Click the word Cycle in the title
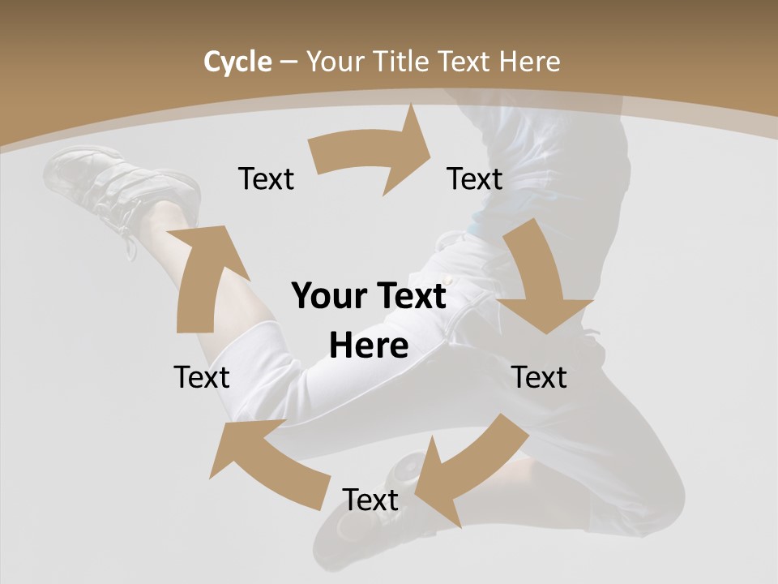tap(237, 62)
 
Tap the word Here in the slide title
tap(529, 62)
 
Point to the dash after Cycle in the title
tap(289, 62)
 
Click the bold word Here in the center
tap(369, 346)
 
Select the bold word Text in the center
tap(409, 296)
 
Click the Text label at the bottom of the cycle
tap(370, 500)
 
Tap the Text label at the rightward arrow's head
tap(475, 178)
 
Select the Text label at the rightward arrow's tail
tap(266, 178)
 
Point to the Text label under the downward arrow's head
tap(539, 377)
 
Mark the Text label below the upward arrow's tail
tap(202, 377)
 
